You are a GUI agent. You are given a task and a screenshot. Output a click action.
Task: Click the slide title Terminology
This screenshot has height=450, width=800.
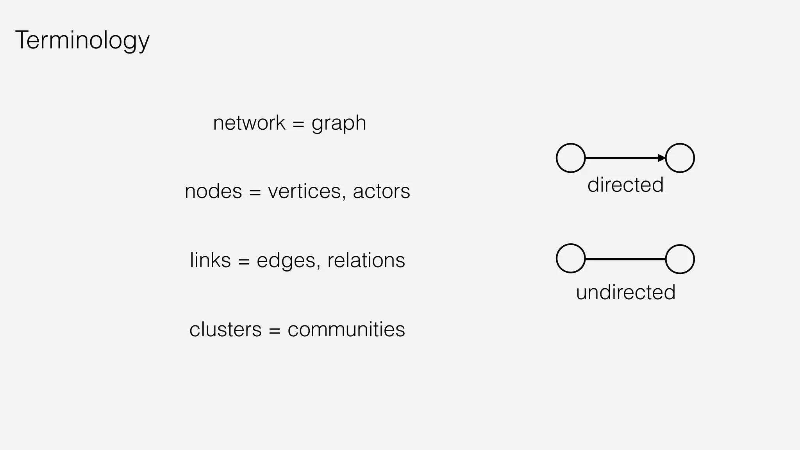coord(82,40)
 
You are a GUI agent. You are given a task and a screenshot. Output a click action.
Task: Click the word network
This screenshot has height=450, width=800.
coord(249,123)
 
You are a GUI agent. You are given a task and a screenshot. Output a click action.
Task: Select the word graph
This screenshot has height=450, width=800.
coord(339,124)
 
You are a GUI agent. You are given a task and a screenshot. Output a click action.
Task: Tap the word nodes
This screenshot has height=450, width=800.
coord(213,191)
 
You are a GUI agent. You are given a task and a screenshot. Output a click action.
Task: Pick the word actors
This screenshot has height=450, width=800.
coord(381,191)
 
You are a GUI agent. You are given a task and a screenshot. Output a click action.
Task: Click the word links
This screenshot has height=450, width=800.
coord(210,260)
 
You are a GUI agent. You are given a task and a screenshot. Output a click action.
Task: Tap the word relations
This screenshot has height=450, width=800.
coord(366,260)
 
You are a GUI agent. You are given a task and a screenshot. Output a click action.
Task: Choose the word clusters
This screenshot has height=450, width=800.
coord(225,329)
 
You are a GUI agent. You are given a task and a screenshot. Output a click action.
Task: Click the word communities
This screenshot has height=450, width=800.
coord(346,329)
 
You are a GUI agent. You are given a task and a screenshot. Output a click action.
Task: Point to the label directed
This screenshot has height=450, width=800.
coord(625,185)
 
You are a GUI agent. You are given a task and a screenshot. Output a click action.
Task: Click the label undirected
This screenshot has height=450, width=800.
coord(625,292)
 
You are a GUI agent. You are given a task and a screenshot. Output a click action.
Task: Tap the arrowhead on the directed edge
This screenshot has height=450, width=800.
coord(661,158)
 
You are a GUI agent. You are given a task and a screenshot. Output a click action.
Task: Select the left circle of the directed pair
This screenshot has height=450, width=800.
coord(571,158)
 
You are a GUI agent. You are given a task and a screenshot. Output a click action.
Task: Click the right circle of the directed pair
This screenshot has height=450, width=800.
coord(680,158)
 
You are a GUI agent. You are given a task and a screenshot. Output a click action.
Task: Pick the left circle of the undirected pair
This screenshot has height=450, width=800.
coord(571,259)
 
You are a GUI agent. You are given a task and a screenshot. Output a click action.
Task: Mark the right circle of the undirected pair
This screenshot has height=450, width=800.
coord(680,259)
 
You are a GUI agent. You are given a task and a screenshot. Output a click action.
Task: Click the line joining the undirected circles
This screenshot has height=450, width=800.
coord(625,259)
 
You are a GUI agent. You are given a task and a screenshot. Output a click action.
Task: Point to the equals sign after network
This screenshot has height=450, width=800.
coord(298,124)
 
